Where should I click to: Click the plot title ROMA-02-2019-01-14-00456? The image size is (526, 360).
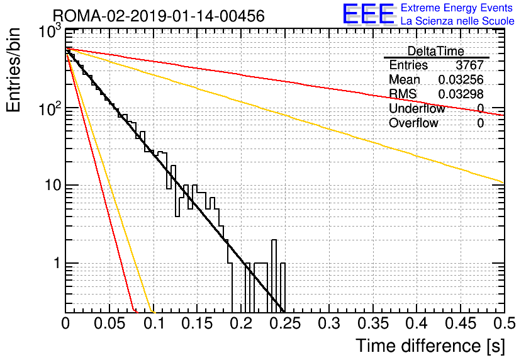pos(159,16)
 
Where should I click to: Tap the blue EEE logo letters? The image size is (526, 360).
pos(369,14)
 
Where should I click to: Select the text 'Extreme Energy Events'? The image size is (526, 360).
pos(457,8)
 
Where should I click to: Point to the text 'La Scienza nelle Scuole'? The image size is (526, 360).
pos(457,21)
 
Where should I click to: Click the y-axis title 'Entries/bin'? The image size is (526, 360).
pos(13,70)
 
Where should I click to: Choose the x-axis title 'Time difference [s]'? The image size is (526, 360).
pos(430,346)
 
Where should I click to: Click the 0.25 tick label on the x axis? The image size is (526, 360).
pos(285,323)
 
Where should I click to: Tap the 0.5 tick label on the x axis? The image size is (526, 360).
pos(504,323)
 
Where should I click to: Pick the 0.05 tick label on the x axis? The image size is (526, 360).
pos(109,323)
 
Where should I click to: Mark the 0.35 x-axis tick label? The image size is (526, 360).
pos(372,323)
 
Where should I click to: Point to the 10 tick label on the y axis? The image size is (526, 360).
pos(53,185)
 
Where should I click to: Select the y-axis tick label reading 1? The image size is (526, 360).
pos(57,263)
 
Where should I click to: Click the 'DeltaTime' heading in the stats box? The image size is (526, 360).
pos(436,51)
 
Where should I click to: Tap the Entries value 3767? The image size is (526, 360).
pos(469,65)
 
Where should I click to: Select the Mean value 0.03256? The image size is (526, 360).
pos(461,79)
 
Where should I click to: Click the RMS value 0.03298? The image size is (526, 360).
pos(461,94)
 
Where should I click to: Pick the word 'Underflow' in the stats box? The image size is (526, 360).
pos(417,108)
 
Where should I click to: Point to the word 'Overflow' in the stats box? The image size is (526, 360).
pos(413,123)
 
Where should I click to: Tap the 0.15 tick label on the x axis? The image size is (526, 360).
pos(197,323)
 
